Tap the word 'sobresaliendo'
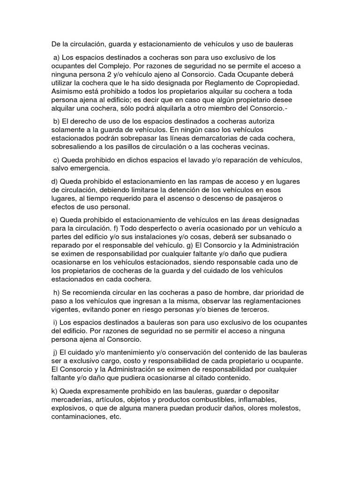coord(75,147)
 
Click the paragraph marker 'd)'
coord(55,181)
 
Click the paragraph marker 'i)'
coord(56,322)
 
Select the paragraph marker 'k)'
coord(55,391)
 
